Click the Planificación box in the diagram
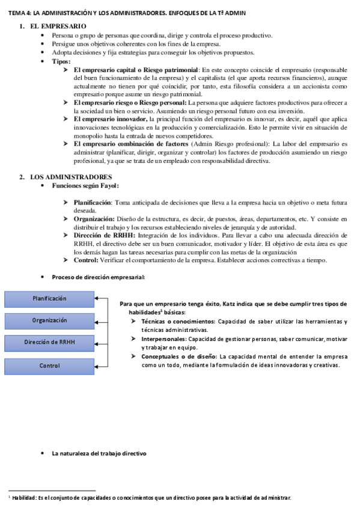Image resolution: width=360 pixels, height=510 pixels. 49,298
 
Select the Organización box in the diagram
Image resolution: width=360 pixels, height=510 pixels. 49,321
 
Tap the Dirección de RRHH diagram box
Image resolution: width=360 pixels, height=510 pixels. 49,343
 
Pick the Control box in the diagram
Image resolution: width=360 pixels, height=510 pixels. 49,366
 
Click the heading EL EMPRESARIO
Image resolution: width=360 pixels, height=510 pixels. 58,26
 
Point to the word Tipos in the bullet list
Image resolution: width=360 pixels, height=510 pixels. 61,61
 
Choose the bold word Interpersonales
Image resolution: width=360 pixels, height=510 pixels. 166,339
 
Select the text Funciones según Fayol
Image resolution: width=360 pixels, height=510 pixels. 85,186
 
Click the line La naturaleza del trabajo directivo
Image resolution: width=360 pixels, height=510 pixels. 99,453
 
